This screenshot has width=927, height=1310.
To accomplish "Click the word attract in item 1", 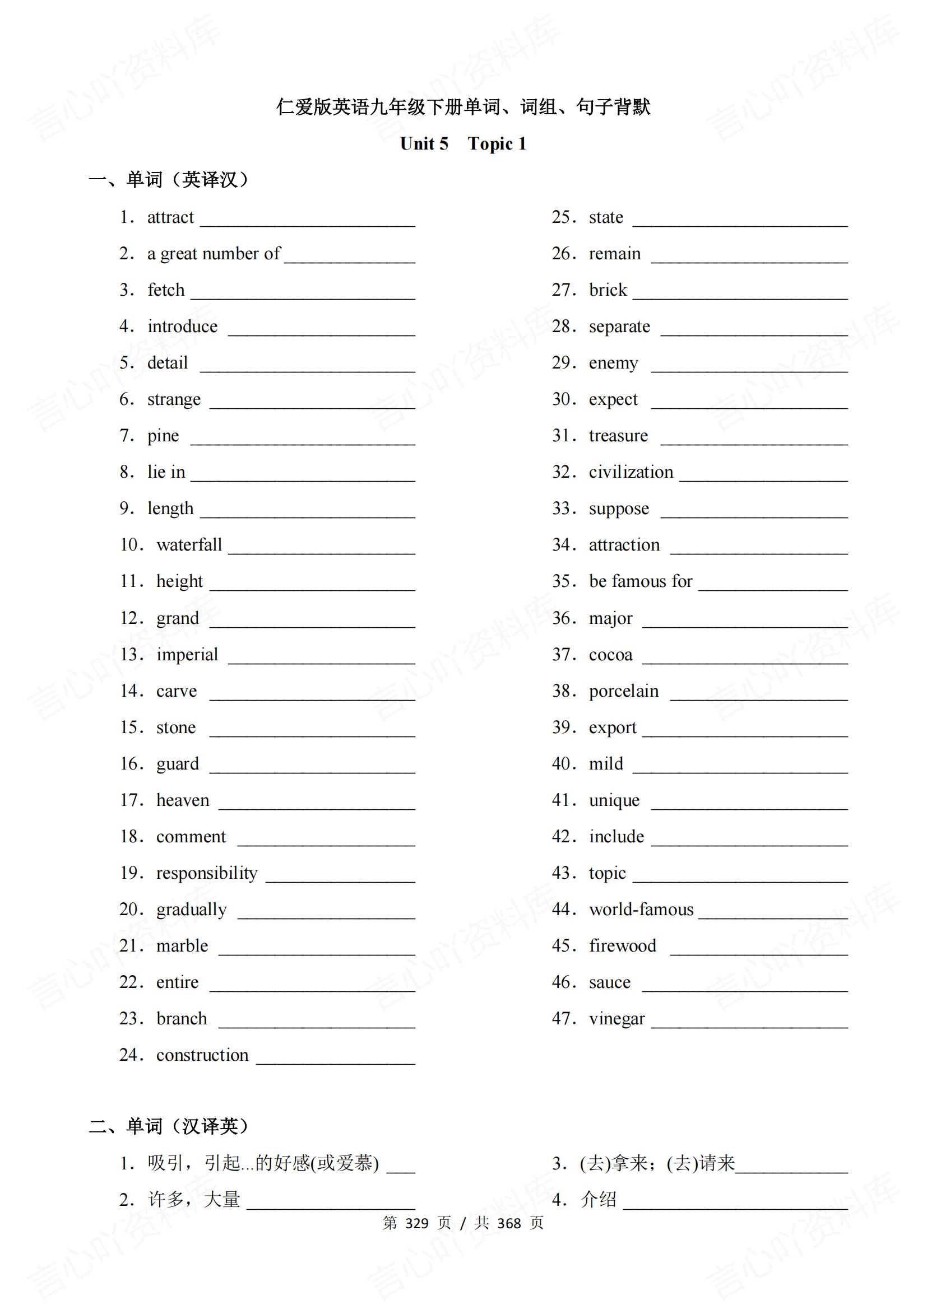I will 170,217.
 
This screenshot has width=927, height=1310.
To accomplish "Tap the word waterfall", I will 189,545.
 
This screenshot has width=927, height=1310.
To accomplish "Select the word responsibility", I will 207,873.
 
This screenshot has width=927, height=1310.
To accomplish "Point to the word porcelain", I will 623,691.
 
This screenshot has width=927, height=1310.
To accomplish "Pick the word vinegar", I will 617,1018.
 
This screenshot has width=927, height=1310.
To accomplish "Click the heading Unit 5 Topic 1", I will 463,144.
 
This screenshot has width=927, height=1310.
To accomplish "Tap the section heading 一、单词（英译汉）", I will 169,180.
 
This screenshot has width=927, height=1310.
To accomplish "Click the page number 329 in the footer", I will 416,1223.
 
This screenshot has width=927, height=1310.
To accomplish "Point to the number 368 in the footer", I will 509,1223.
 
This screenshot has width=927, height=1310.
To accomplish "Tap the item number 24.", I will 131,1055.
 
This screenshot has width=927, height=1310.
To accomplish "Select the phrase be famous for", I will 641,581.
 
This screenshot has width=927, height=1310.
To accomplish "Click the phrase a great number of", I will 214,254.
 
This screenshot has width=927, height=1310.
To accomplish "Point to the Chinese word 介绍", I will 598,1199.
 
